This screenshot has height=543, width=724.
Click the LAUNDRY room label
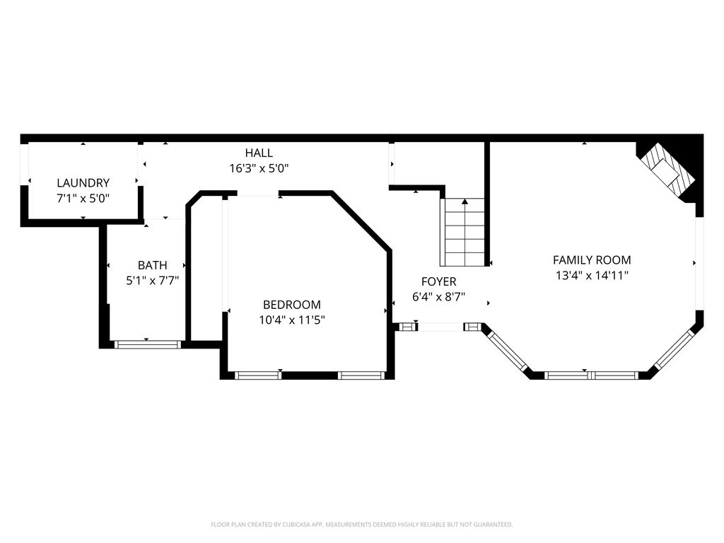tap(83, 183)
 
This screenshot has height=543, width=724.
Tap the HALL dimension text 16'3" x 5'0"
tap(259, 168)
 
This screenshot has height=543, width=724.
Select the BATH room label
tap(152, 265)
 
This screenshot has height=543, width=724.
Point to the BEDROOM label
tap(291, 305)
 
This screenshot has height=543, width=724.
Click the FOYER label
tap(438, 281)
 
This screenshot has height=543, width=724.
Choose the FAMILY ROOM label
tap(592, 260)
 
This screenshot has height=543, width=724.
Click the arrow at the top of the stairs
tap(465, 202)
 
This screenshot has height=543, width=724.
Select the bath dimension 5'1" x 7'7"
tap(152, 281)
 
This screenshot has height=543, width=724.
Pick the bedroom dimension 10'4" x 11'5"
tap(291, 320)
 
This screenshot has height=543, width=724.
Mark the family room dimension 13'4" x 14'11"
tap(592, 276)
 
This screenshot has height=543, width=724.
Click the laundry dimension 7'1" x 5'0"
tap(83, 199)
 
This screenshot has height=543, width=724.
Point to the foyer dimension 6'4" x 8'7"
tap(438, 297)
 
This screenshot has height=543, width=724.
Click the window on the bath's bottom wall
tap(147, 344)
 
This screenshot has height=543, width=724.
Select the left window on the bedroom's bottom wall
tap(258, 375)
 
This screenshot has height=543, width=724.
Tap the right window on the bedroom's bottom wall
tap(361, 375)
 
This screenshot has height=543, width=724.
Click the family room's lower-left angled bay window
tap(506, 350)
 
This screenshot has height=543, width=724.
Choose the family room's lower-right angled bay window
tap(673, 350)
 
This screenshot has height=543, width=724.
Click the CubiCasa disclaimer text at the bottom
tap(361, 525)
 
